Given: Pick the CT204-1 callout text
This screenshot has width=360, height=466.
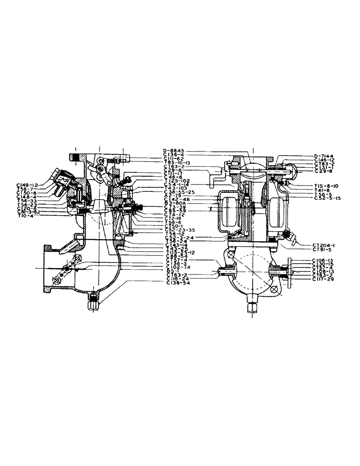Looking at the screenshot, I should click(318, 245).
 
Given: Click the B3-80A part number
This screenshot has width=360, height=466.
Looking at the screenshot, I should click(175, 203).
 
